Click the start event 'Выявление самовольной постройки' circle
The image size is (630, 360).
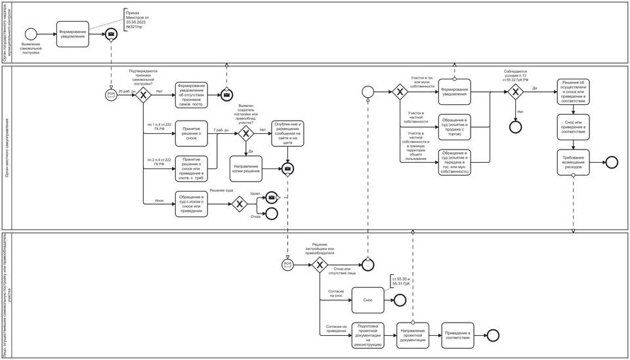tap(30, 34)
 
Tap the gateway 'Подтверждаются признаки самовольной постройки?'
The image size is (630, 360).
tap(143, 95)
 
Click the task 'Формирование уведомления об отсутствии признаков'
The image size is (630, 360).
tap(191, 95)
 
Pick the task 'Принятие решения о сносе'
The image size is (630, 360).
tap(191, 134)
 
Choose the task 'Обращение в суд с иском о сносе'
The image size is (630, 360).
tap(191, 203)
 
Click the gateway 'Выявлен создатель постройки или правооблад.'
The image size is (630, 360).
tap(245, 134)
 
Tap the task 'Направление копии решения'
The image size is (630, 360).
tap(246, 169)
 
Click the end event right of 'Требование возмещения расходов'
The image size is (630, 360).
tap(612, 161)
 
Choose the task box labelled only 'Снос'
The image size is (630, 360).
tap(368, 300)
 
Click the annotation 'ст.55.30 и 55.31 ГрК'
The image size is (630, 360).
tap(401, 282)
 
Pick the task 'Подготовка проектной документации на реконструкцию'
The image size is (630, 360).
tap(367, 334)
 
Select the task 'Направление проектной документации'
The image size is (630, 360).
tap(413, 334)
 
